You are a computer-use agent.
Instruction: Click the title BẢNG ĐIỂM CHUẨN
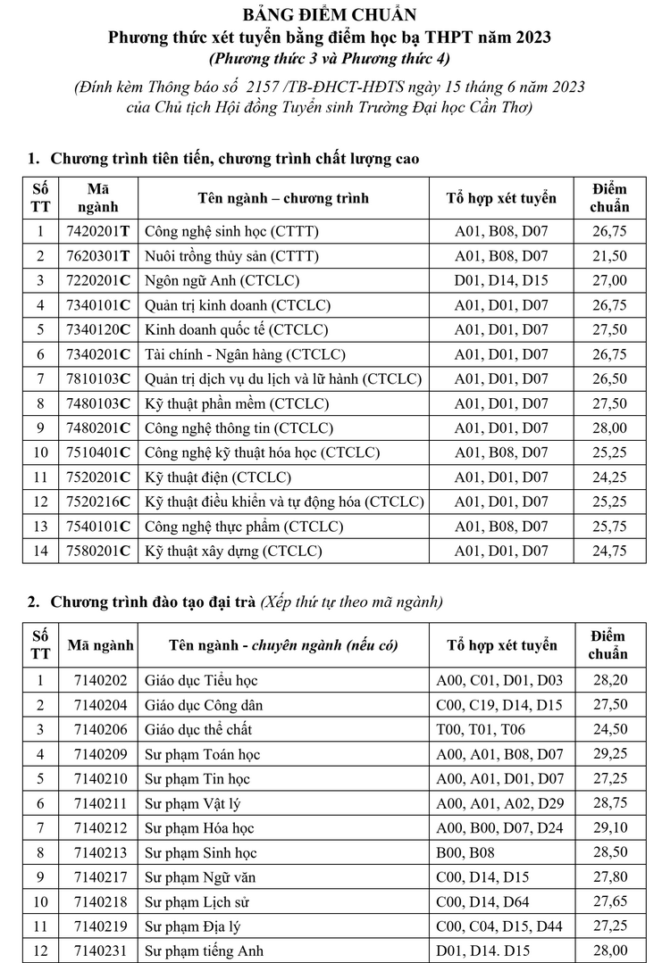(330, 16)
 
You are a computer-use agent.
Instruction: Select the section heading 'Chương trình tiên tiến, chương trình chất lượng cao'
(235, 159)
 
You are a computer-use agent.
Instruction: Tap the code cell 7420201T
(98, 232)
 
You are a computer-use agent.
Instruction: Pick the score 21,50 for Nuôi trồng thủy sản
(610, 256)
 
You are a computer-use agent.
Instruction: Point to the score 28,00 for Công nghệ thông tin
(610, 428)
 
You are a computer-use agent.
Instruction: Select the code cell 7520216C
(98, 502)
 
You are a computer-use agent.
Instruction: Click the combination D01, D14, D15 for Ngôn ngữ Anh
(501, 281)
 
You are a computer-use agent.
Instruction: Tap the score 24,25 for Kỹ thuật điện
(610, 477)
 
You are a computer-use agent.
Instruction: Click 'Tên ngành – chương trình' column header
(283, 198)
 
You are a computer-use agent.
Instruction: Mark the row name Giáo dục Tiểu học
(201, 681)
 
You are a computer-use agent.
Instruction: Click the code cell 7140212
(101, 828)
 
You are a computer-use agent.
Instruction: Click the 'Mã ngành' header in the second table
(101, 645)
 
